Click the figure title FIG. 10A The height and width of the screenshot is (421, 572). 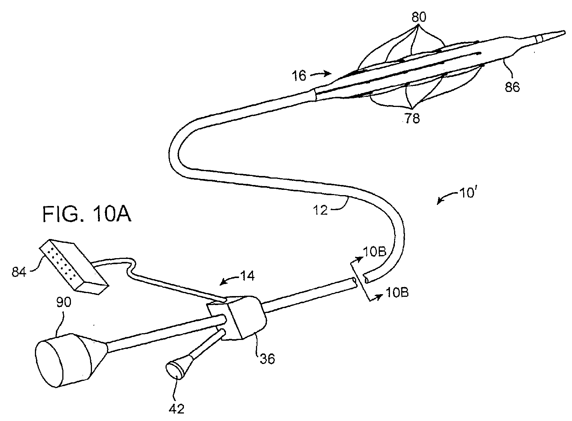87,215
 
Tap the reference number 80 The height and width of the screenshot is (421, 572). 418,17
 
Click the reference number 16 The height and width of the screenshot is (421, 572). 300,76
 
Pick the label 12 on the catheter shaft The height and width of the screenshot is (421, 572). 320,210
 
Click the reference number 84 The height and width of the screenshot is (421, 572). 18,272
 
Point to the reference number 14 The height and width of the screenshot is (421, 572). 248,277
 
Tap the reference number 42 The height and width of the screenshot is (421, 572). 177,408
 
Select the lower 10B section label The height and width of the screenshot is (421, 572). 398,292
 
